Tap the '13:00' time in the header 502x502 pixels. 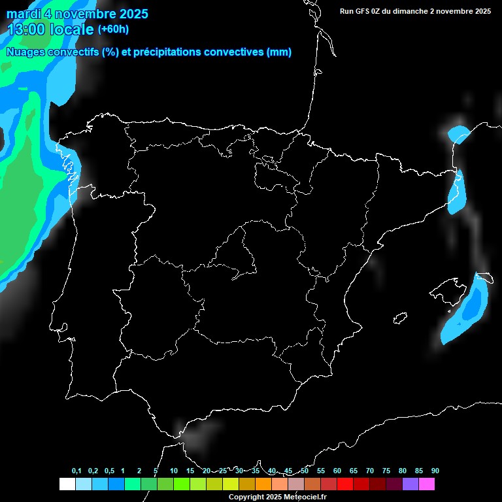coord(26,29)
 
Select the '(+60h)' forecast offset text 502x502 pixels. coord(113,29)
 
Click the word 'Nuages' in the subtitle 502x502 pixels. coord(25,52)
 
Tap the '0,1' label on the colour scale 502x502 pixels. coord(76,471)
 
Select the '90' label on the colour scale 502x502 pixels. coord(435,471)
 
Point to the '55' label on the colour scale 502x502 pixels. coord(320,471)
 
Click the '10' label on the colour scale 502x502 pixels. coord(173,471)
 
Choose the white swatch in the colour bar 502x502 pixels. coord(67,484)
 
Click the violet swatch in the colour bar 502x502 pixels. coord(410,484)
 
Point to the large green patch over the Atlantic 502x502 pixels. coord(20,196)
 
